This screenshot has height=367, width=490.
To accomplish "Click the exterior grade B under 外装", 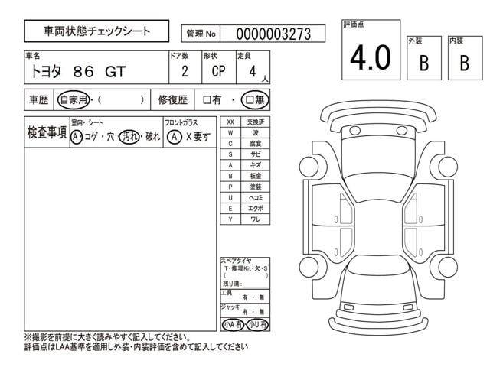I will [423, 63].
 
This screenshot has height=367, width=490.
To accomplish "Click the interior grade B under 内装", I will [463, 63].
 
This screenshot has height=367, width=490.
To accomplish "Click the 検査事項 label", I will [45, 132].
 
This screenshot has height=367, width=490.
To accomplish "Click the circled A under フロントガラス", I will [174, 137].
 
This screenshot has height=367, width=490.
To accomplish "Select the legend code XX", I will [230, 122].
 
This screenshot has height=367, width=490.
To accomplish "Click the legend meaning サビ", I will [255, 154].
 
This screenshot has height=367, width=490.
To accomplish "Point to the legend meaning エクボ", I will [255, 208].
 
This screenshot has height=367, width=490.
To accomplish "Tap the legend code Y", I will [230, 219].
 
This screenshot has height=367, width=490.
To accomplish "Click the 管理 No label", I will [200, 34].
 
